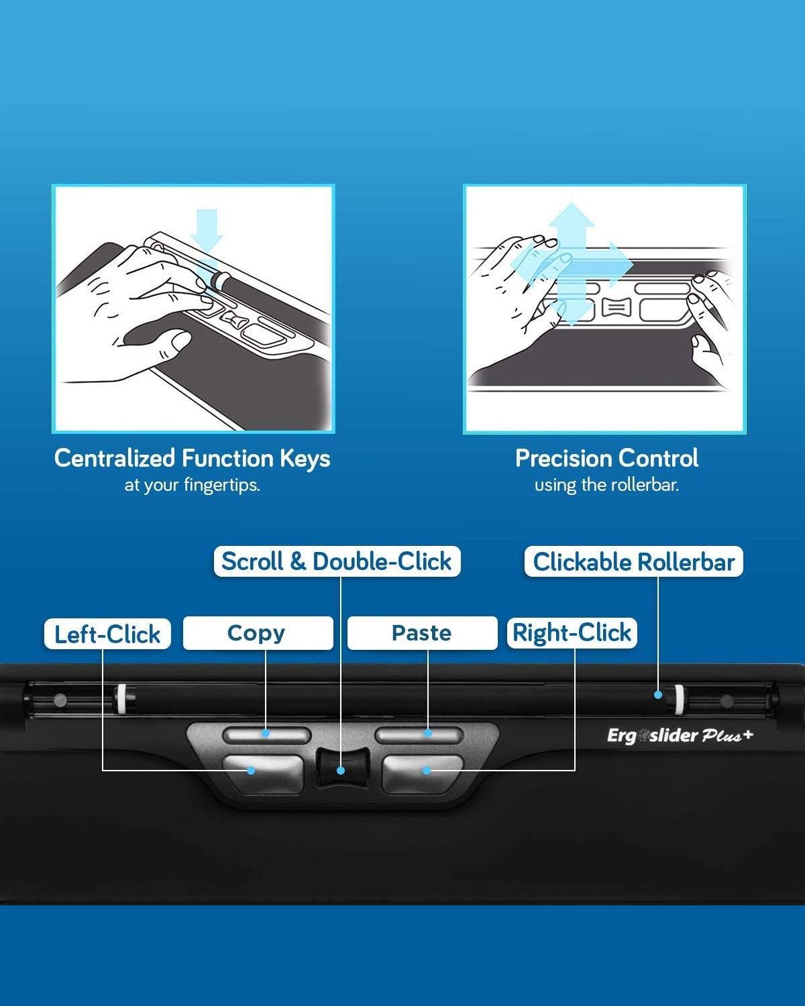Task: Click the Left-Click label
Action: [x=107, y=634]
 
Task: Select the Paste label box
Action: [x=422, y=633]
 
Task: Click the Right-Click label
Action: [x=572, y=633]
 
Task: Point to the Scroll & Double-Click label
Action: [x=337, y=561]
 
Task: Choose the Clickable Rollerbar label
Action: [x=634, y=561]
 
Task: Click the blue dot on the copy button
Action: [x=266, y=733]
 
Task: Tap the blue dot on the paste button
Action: [x=427, y=733]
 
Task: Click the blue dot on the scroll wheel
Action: [x=341, y=771]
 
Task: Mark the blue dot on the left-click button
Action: [x=251, y=771]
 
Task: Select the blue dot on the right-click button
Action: [x=427, y=771]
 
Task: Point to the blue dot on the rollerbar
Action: [x=658, y=695]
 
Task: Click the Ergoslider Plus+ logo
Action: [x=680, y=736]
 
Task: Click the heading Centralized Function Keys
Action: [x=193, y=458]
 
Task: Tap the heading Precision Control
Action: [x=606, y=458]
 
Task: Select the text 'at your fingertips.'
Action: [x=193, y=486]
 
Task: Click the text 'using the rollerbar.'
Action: [x=606, y=485]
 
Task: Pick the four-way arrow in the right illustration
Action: [x=572, y=265]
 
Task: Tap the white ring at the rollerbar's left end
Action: [x=122, y=698]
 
